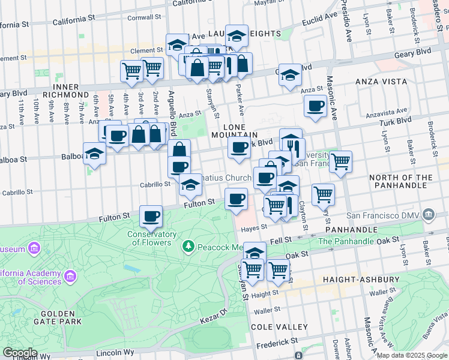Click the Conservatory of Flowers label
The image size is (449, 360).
[152, 238]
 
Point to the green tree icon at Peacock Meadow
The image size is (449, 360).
[188, 247]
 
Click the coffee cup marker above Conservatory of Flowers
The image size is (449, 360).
[151, 216]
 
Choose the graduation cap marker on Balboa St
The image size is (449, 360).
[94, 154]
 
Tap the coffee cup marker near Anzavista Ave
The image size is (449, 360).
[315, 106]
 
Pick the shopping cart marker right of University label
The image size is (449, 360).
[340, 161]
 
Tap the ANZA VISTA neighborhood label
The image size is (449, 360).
[381, 82]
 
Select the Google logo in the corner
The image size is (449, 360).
[20, 353]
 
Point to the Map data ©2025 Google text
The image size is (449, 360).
[412, 355]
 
